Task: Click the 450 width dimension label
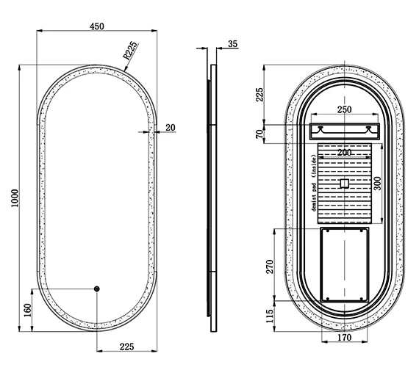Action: [x=97, y=26]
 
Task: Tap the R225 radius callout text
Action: [x=130, y=51]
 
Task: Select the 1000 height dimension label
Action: [x=15, y=198]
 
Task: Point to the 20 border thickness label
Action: [x=171, y=128]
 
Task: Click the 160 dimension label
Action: [x=28, y=310]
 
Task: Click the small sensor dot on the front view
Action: [x=97, y=289]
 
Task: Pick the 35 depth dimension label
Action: [x=233, y=44]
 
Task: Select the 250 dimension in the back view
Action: [x=345, y=109]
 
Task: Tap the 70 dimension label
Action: [x=259, y=134]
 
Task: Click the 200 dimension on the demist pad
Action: [x=344, y=153]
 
